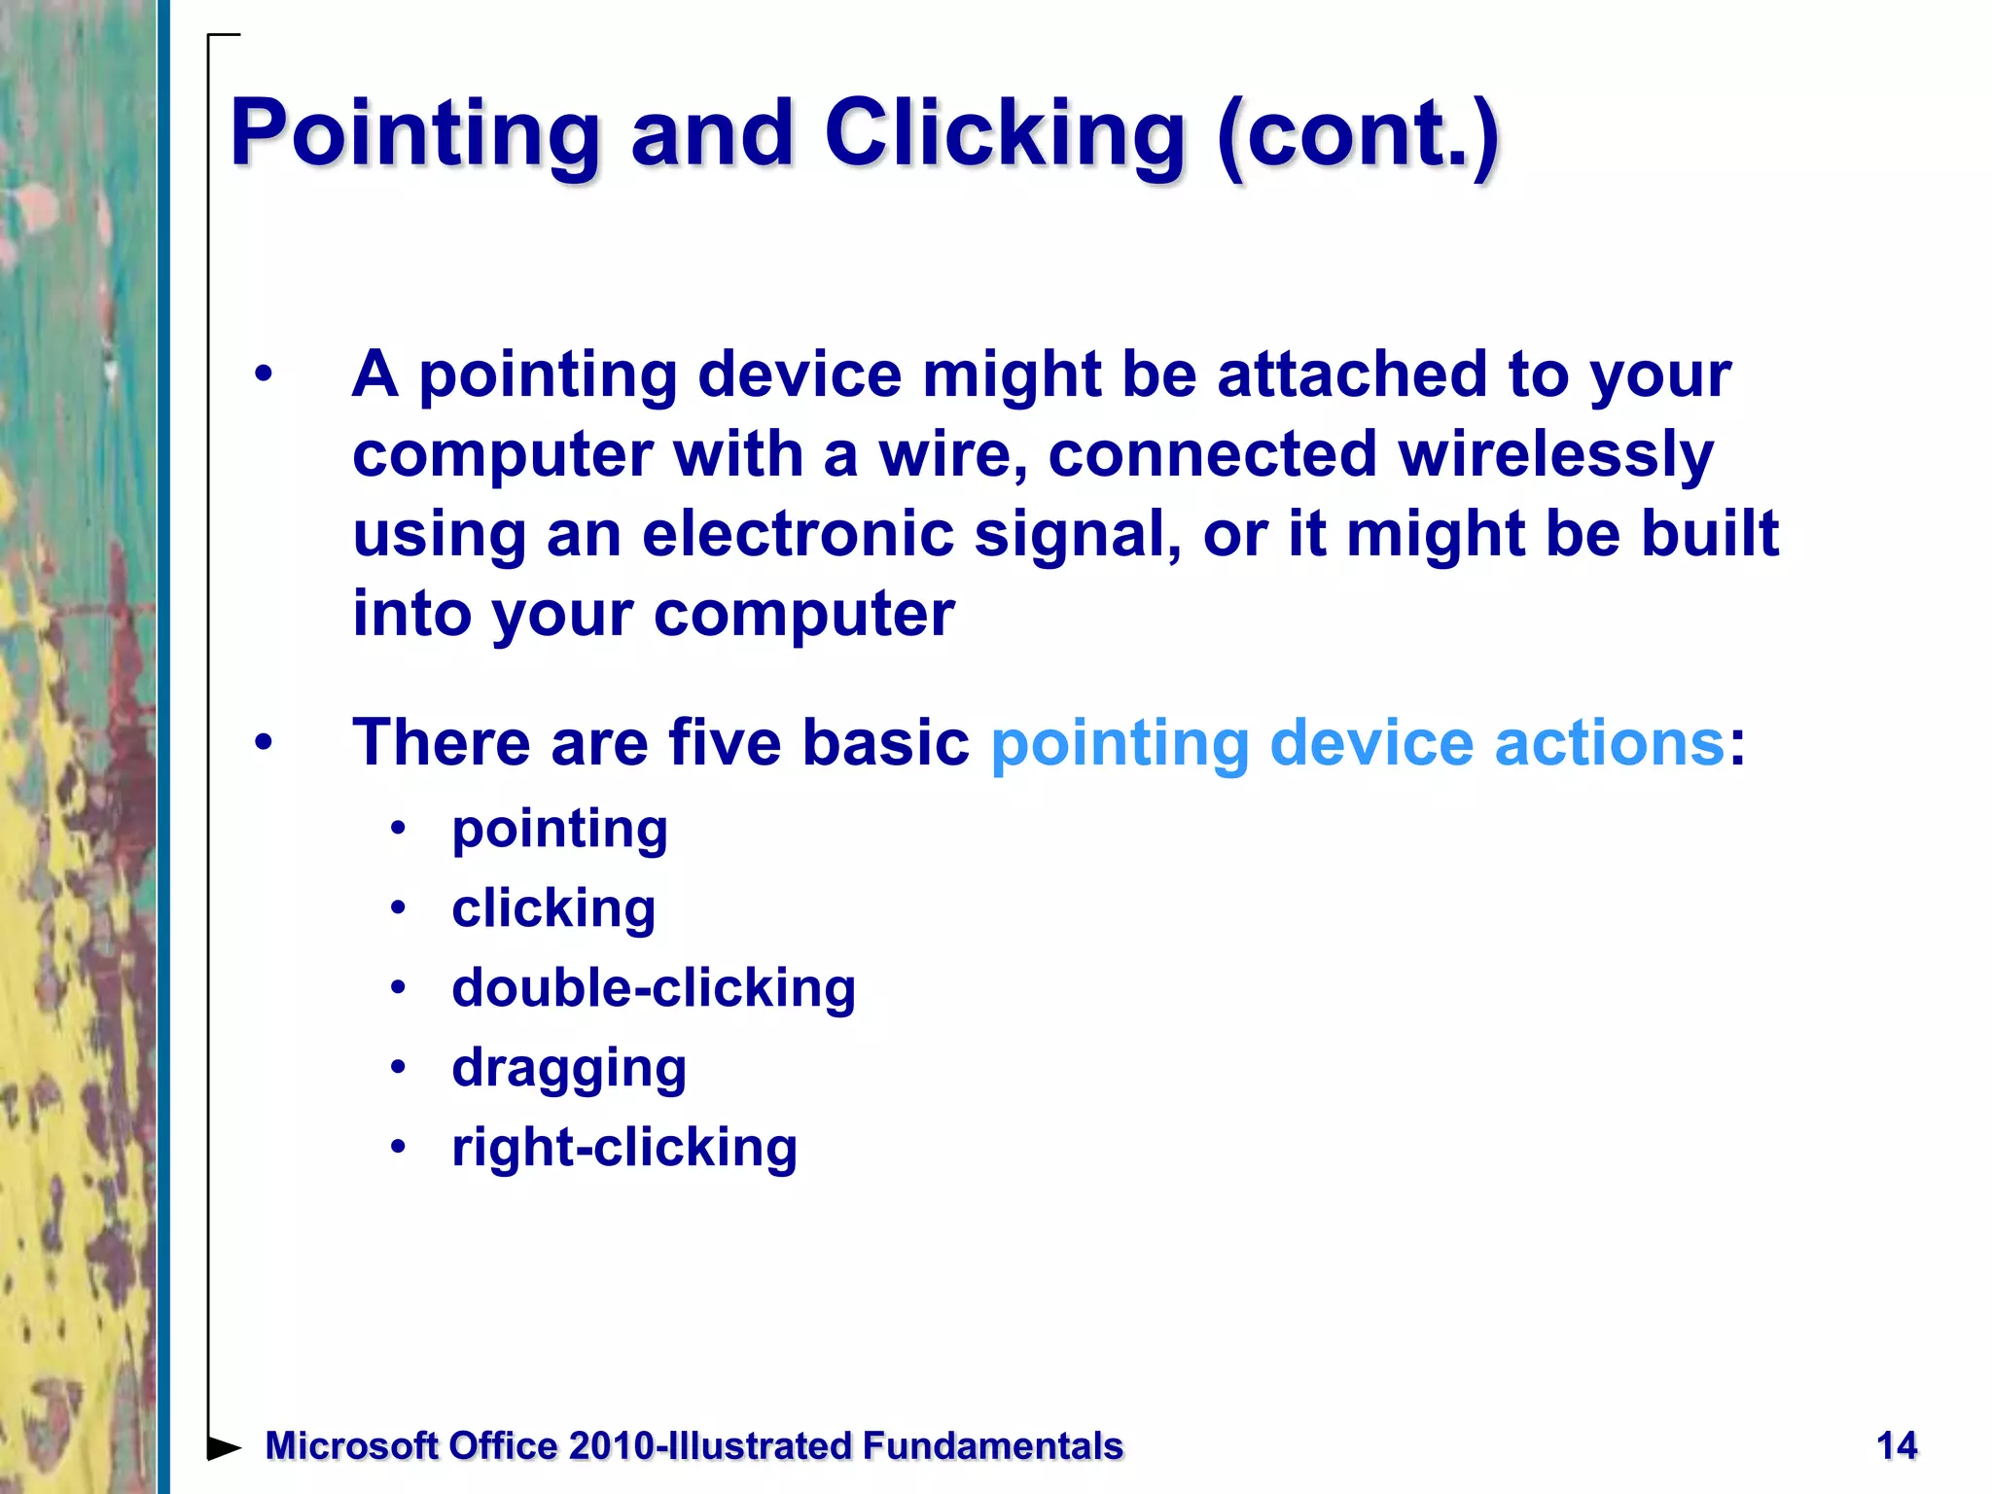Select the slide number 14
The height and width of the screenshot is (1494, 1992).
pyautogui.click(x=1896, y=1445)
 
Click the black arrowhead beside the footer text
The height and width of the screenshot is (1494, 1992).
pyautogui.click(x=225, y=1447)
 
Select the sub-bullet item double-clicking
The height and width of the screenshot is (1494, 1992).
pyautogui.click(x=654, y=988)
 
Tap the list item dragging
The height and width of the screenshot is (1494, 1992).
pyautogui.click(x=569, y=1069)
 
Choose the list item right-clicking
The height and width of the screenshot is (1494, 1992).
pyautogui.click(x=624, y=1148)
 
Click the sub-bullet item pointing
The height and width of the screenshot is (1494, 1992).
pyautogui.click(x=559, y=830)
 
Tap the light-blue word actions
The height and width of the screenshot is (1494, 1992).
pyautogui.click(x=1609, y=743)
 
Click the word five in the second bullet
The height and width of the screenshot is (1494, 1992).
pyautogui.click(x=724, y=743)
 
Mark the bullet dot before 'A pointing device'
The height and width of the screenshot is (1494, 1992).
pyautogui.click(x=264, y=374)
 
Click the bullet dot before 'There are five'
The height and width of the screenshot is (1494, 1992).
pyautogui.click(x=264, y=743)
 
